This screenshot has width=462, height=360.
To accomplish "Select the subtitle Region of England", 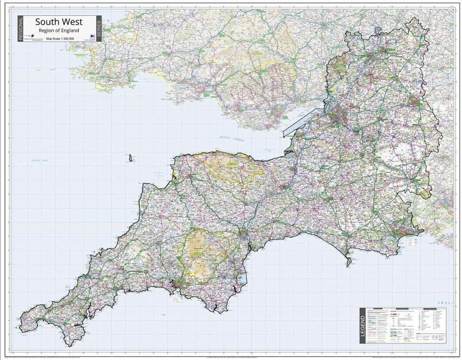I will pyautogui.click(x=59, y=30).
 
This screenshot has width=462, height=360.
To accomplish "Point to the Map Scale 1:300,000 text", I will pyautogui.click(x=60, y=39).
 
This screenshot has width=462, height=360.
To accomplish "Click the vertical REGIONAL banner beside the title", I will pyautogui.click(x=20, y=29).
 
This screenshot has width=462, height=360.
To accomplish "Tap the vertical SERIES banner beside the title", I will pyautogui.click(x=98, y=29).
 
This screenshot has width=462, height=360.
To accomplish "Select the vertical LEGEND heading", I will pyautogui.click(x=363, y=326).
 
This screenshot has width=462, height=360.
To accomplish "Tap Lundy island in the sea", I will pyautogui.click(x=131, y=158).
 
